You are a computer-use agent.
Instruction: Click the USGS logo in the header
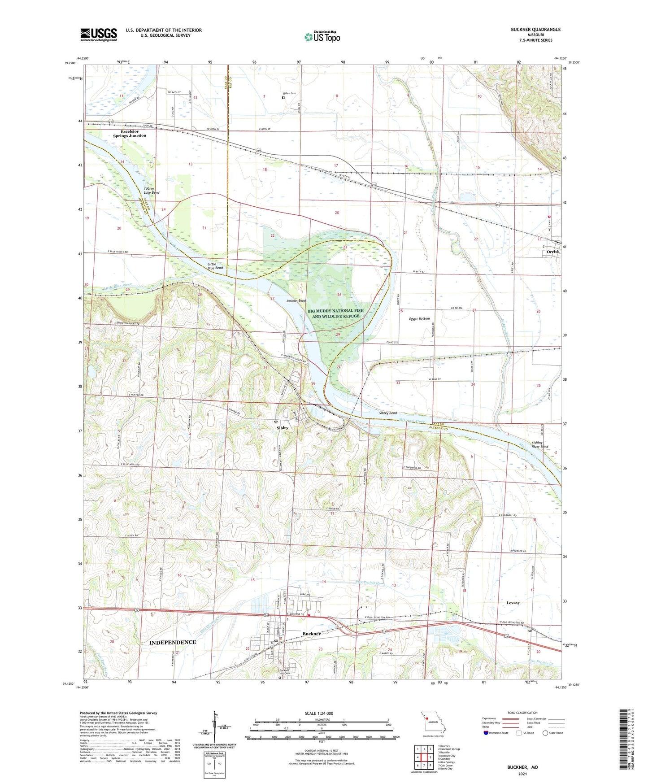pyautogui.click(x=99, y=34)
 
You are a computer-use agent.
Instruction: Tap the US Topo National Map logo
pyautogui.click(x=322, y=36)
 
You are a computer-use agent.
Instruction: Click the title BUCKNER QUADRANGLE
pyautogui.click(x=535, y=30)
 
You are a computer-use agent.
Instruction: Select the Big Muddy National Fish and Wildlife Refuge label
pyautogui.click(x=336, y=313)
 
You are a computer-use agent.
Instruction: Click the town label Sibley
pyautogui.click(x=283, y=428)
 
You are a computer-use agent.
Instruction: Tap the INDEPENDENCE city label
pyautogui.click(x=173, y=642)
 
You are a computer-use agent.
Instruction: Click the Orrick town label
pyautogui.click(x=553, y=252)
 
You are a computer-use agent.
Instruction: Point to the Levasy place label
pyautogui.click(x=513, y=603)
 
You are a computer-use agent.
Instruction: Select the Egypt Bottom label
pyautogui.click(x=419, y=318)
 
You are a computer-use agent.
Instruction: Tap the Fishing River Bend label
pyautogui.click(x=540, y=444)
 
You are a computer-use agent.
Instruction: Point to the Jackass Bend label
pyautogui.click(x=296, y=301)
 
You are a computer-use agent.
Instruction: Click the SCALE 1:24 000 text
pyautogui.click(x=319, y=713)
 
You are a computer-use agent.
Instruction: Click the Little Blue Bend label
pyautogui.click(x=215, y=266)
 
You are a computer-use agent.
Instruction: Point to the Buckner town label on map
pyautogui.click(x=312, y=634)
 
